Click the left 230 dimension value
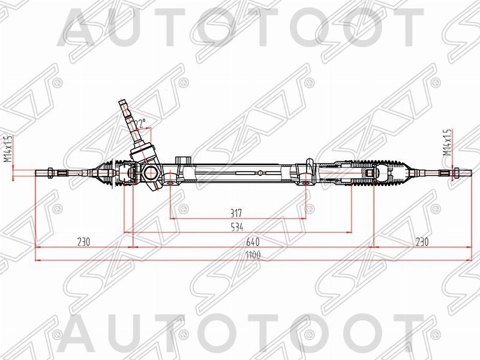(83, 242)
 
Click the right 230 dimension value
(422, 242)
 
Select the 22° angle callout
(140, 123)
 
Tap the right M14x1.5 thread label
(446, 143)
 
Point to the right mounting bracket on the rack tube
(308, 170)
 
